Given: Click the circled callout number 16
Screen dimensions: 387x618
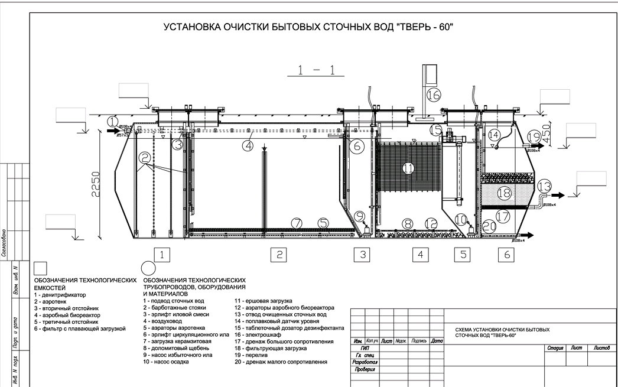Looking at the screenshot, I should coord(434,95).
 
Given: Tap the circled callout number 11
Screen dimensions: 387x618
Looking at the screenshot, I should coord(408,168).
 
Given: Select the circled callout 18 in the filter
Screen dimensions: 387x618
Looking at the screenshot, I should coord(503,193).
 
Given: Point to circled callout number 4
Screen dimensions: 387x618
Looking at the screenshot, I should coord(250,144).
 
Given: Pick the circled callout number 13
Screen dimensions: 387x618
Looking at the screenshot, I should coord(544,186).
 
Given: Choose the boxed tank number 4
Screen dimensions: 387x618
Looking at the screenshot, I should coord(420,255).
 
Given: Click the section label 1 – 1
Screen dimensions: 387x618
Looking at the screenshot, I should coord(317,71).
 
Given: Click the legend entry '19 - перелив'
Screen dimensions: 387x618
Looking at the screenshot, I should coord(256,355).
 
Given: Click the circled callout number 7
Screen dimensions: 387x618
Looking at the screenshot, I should coord(297,222).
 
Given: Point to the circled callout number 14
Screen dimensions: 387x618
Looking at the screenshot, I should coord(494,135).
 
